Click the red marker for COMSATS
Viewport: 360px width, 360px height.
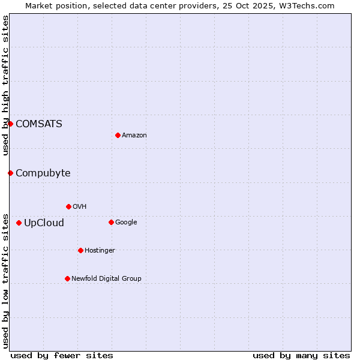tap(10, 124)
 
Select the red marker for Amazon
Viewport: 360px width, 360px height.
tap(118, 135)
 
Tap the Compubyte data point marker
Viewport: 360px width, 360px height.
tap(10, 173)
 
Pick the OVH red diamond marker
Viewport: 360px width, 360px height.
tap(68, 206)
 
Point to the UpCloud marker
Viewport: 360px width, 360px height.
tap(19, 223)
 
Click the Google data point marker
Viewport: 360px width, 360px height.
tap(111, 222)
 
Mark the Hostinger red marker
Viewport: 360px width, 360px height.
tap(80, 250)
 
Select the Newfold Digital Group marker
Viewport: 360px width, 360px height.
tap(67, 278)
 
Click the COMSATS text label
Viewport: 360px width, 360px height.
tap(39, 124)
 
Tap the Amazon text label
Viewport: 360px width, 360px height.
tap(134, 136)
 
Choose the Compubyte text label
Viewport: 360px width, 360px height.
tap(43, 173)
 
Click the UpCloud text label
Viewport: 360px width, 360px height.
tap(44, 223)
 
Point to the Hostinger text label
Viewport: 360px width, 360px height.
tap(100, 251)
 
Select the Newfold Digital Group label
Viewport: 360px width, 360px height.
tap(106, 278)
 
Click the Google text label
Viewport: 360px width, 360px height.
tap(126, 223)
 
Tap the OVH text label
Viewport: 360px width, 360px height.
tap(80, 207)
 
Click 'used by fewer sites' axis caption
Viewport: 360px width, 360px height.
tap(62, 355)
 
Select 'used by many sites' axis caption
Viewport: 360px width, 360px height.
tap(301, 355)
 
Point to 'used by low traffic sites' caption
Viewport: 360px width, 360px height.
tap(5, 281)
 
